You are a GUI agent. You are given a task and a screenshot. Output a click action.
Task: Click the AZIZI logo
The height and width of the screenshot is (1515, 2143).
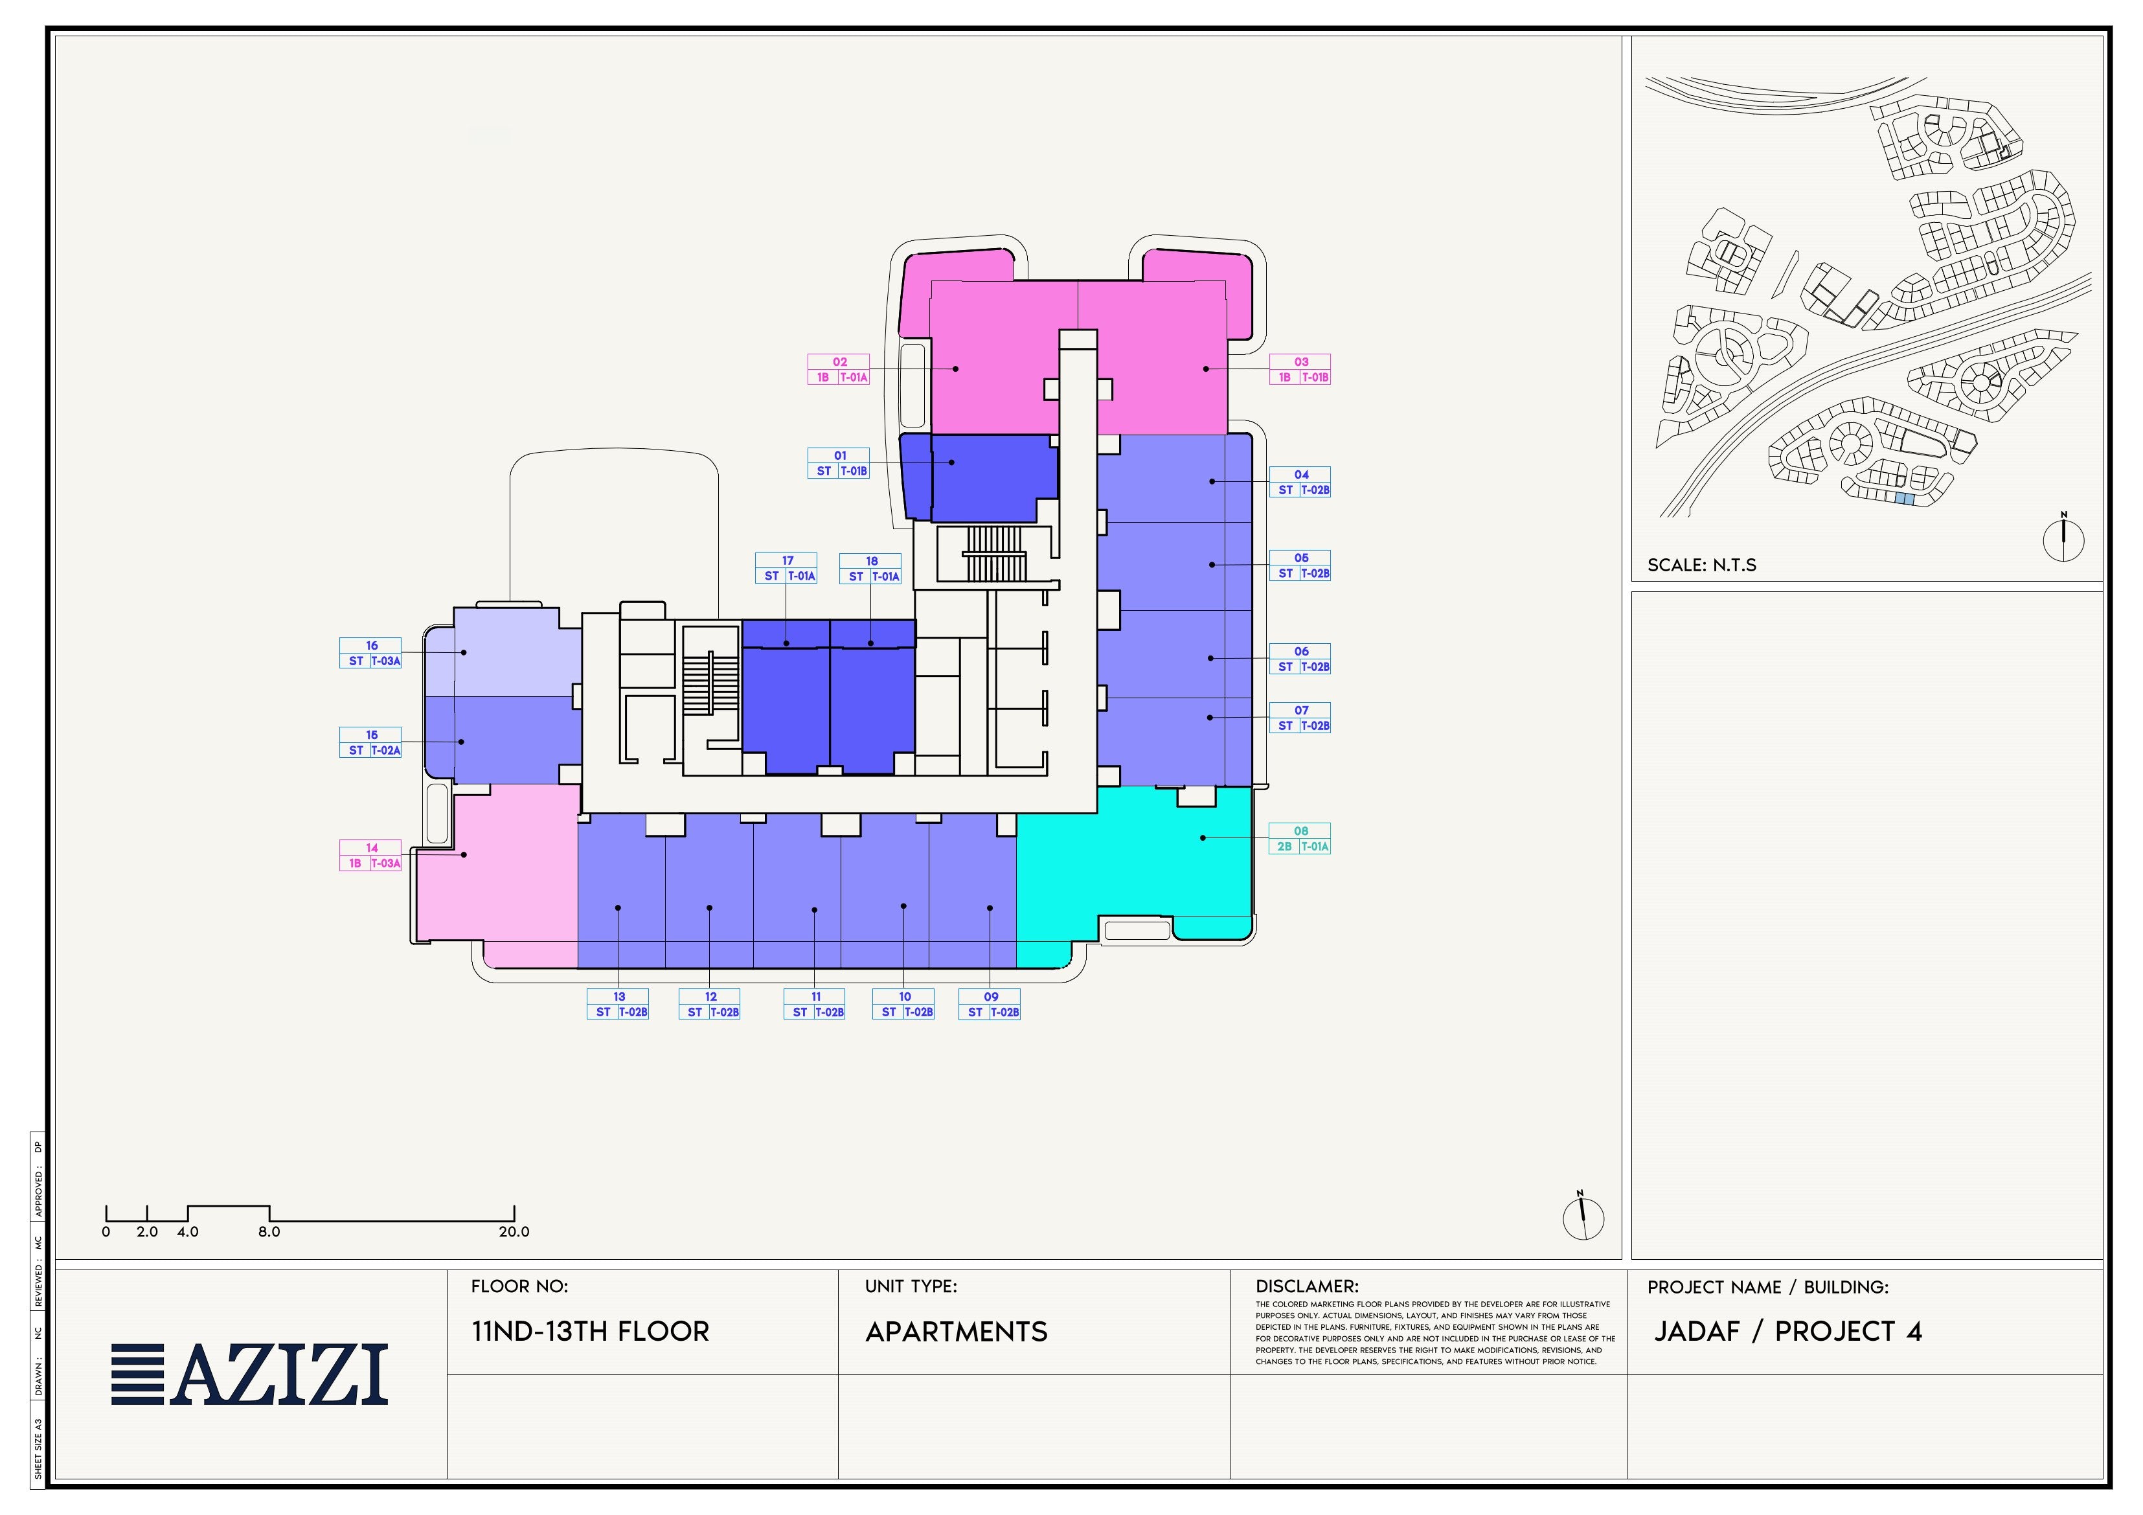point(249,1374)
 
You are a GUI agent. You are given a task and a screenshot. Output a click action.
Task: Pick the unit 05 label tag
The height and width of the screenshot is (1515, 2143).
point(1299,565)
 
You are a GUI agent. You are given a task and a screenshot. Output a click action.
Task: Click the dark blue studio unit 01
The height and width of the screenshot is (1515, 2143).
point(979,477)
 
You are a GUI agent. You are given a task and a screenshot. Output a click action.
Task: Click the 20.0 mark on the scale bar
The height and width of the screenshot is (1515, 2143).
point(514,1232)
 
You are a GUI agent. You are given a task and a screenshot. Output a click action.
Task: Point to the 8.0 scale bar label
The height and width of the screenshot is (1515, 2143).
point(269,1232)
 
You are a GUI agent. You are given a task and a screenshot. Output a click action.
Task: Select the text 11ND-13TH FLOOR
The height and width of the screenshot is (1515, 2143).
point(590,1331)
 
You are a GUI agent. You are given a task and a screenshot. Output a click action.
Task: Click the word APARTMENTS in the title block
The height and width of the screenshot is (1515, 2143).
point(956,1332)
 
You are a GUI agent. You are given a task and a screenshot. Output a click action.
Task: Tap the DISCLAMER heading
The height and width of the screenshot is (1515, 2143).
point(1307,1286)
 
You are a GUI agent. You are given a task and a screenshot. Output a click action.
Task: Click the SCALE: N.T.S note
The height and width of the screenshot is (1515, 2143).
point(1701,565)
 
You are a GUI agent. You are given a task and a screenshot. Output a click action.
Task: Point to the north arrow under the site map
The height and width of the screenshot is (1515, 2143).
point(2063,538)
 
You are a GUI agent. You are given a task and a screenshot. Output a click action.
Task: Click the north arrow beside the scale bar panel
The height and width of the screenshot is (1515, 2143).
point(1583,1216)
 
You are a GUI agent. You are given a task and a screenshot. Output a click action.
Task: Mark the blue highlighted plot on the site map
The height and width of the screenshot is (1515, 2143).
point(1905,499)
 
